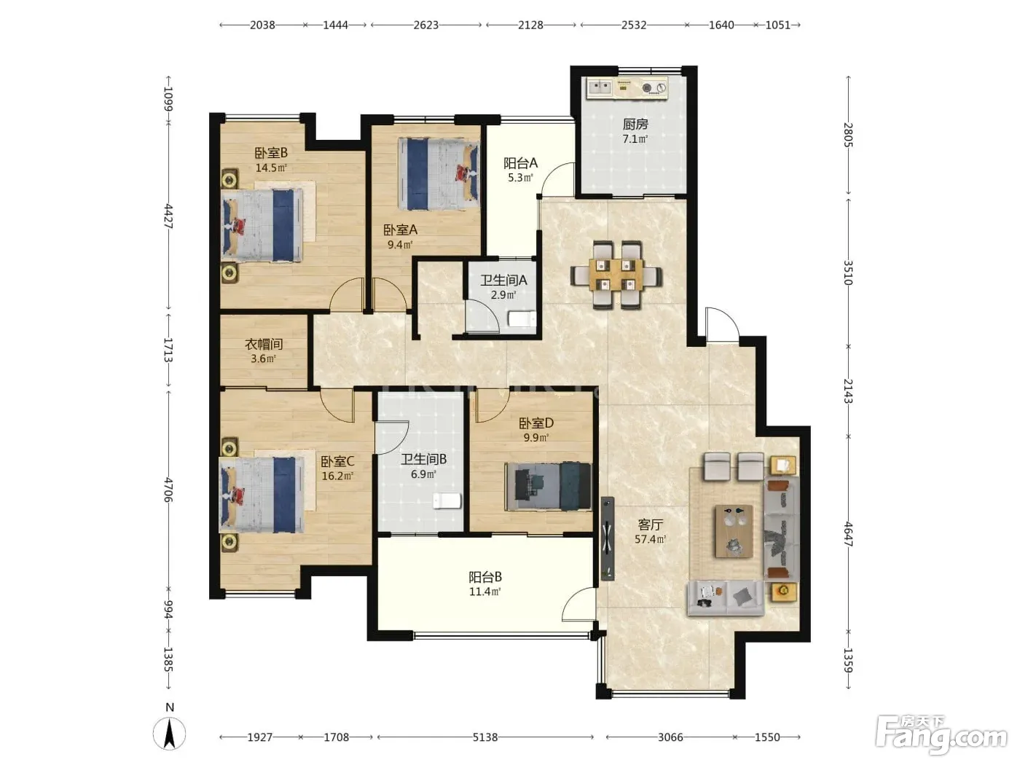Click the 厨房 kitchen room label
[x=635, y=124]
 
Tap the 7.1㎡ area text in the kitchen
[x=635, y=139]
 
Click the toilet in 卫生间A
[x=522, y=318]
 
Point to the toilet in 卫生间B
[x=447, y=501]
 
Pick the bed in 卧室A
[x=438, y=174]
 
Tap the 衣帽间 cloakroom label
[x=264, y=344]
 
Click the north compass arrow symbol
[x=170, y=734]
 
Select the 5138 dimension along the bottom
[x=485, y=737]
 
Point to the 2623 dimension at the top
[x=426, y=25]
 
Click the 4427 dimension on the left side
[x=168, y=216]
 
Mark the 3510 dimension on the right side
[x=848, y=272]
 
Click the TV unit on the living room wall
[x=608, y=538]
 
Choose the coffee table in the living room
[x=734, y=531]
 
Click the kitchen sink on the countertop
[x=600, y=87]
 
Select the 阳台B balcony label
[x=485, y=577]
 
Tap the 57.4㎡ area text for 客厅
[x=650, y=539]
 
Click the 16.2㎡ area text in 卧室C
[x=337, y=476]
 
